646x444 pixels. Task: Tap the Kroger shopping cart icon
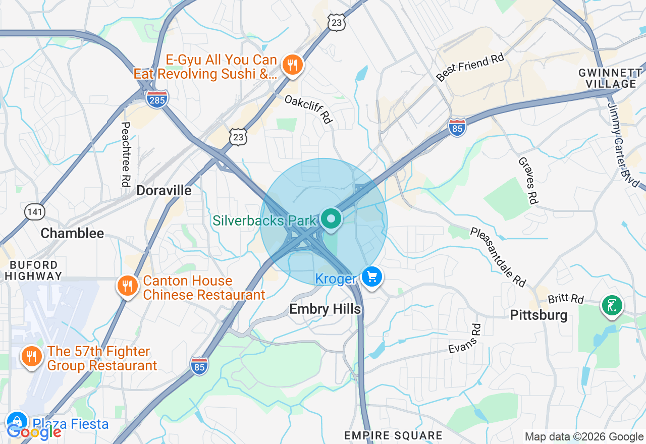(x=372, y=277)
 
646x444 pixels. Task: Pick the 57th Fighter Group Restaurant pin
(x=31, y=357)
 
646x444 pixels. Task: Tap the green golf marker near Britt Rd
(x=612, y=305)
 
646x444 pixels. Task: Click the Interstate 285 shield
(x=157, y=99)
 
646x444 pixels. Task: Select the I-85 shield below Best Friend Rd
(x=457, y=127)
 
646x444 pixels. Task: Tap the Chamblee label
(x=72, y=233)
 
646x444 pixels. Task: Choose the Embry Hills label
(x=325, y=309)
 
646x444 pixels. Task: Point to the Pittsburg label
(x=539, y=315)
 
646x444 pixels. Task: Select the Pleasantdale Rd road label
(x=498, y=257)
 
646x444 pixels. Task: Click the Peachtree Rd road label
(x=126, y=154)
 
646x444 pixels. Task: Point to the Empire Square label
(x=393, y=435)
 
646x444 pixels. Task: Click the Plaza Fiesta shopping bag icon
(x=17, y=421)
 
